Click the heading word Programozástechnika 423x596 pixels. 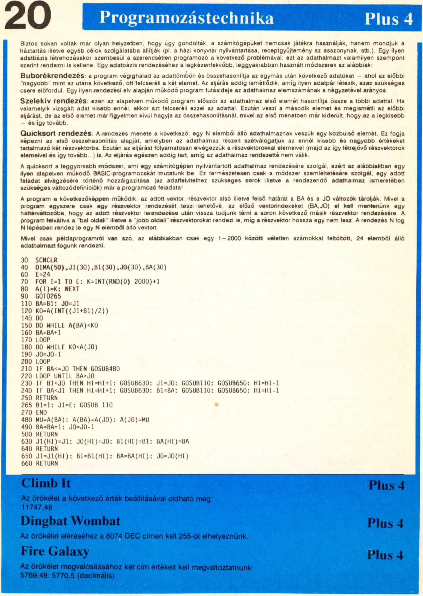pyautogui.click(x=186, y=18)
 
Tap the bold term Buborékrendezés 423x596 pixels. pyautogui.click(x=52, y=76)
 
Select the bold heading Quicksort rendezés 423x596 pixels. pyautogui.click(x=56, y=133)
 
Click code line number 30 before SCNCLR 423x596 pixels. pyautogui.click(x=24, y=260)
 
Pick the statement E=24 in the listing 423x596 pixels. pyautogui.click(x=43, y=275)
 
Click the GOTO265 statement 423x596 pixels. pyautogui.click(x=48, y=296)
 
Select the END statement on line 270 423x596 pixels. pyautogui.click(x=42, y=412)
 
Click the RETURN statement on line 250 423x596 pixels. pyautogui.click(x=47, y=398)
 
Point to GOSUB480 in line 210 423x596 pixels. pyautogui.click(x=105, y=369)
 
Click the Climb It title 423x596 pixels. pyautogui.click(x=46, y=483)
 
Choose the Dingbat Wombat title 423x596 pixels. pyautogui.click(x=70, y=521)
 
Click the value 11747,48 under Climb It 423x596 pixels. pyautogui.click(x=37, y=507)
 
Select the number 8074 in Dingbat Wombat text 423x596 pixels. pyautogui.click(x=114, y=536)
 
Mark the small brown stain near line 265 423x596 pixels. pyautogui.click(x=217, y=404)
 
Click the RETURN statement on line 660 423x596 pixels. pyautogui.click(x=47, y=463)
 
